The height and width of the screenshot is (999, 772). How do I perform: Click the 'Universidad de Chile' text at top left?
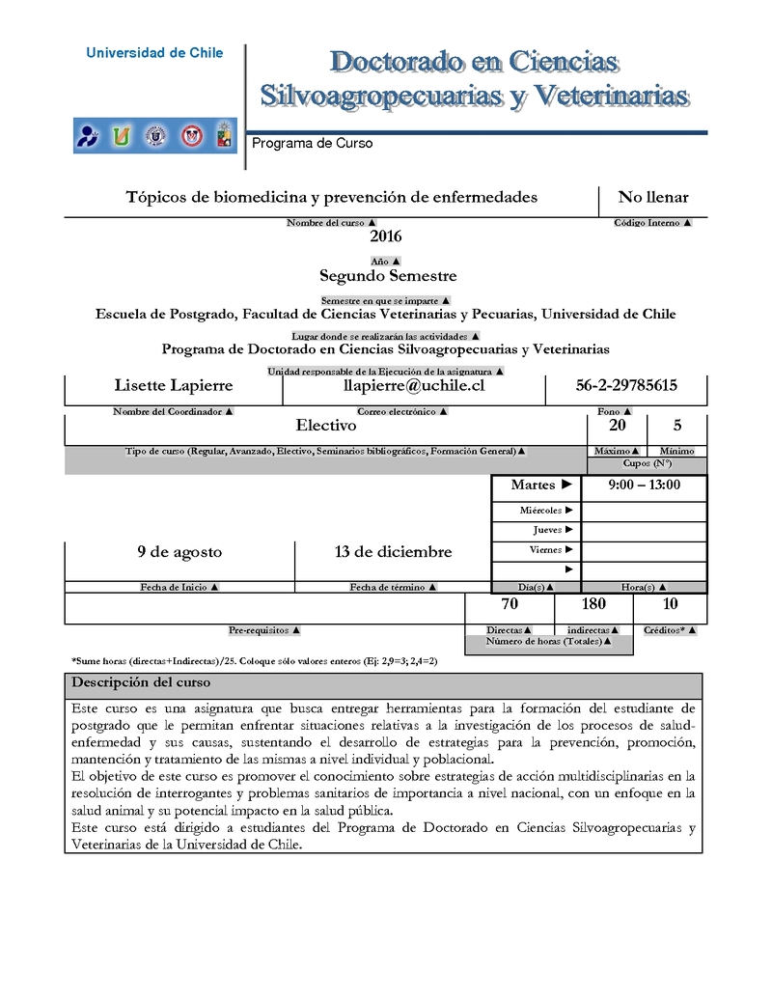154,53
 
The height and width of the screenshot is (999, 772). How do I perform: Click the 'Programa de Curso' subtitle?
312,144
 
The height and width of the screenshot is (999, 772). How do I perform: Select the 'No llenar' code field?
653,198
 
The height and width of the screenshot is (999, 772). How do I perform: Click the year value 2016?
385,236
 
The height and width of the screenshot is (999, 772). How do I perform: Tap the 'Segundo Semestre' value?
388,276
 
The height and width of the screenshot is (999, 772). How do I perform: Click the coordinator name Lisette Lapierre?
174,386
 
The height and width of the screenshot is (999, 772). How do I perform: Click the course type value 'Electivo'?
326,425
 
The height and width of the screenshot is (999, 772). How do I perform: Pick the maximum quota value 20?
617,425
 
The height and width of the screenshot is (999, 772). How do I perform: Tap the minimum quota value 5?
677,425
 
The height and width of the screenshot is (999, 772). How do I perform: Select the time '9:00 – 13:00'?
645,486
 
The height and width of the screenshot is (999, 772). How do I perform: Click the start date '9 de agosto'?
179,552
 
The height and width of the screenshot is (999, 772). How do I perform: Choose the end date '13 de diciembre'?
393,552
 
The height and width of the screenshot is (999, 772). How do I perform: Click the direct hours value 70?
510,604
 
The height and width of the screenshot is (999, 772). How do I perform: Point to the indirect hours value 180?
593,604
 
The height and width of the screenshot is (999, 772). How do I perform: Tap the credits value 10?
671,604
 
